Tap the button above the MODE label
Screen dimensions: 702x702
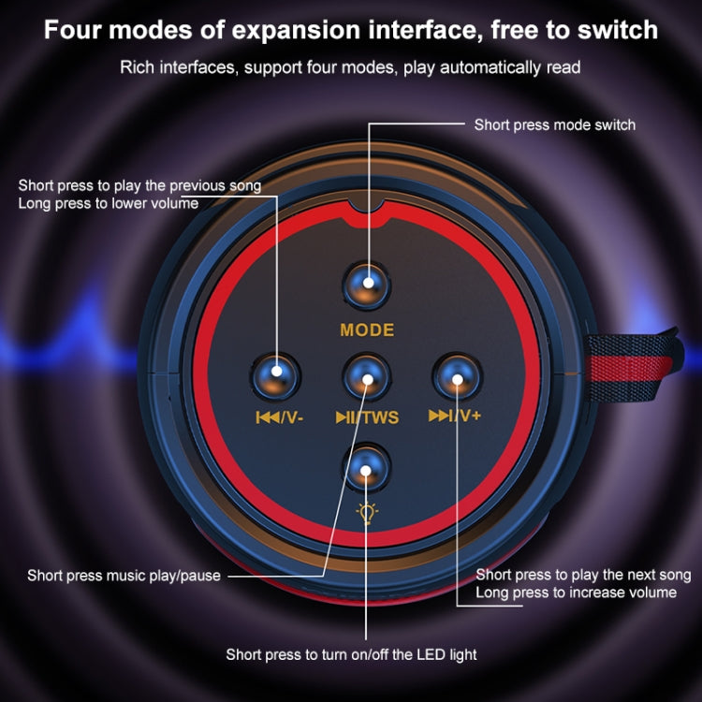point(367,286)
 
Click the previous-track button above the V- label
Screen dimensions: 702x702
point(275,376)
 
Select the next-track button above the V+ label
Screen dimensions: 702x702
point(457,376)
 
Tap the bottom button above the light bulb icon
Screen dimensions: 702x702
point(367,468)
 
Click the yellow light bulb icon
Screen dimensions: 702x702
point(367,513)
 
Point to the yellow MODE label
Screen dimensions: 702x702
point(367,330)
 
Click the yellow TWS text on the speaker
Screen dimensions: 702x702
point(381,417)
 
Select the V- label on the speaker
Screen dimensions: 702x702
point(292,417)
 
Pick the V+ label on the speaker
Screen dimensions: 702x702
point(468,416)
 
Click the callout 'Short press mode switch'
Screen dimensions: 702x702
point(555,124)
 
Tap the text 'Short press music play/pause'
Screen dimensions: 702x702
point(124,576)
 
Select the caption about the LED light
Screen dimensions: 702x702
point(351,654)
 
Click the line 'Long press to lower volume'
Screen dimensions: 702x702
point(109,204)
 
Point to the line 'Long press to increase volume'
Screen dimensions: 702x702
point(577,592)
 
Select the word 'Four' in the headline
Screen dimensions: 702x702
point(73,30)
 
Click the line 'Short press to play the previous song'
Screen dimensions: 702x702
point(139,186)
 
